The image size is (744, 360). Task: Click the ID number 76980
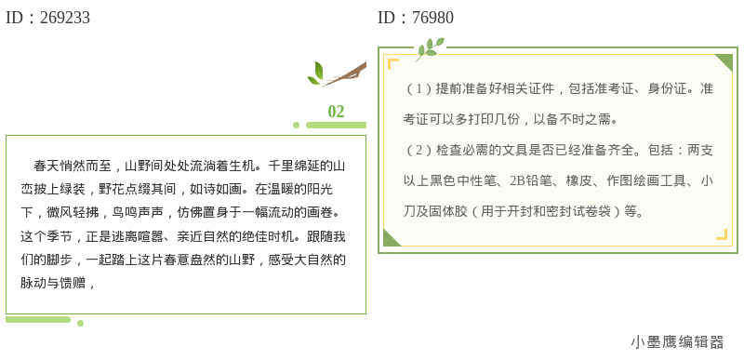point(432,18)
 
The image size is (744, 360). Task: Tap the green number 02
point(336,112)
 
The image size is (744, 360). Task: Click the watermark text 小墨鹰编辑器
point(676,342)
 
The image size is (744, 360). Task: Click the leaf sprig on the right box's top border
point(429,47)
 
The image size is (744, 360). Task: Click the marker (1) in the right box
point(421,89)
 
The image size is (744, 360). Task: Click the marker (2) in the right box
point(421,151)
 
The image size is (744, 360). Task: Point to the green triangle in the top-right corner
point(725,60)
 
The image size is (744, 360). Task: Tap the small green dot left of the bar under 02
point(296,125)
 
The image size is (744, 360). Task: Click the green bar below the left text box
point(38,320)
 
